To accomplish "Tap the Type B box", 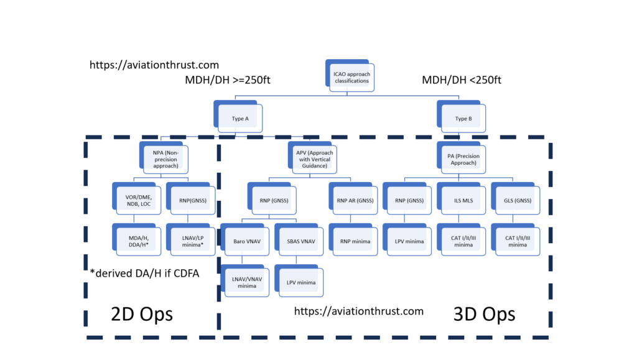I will pos(462,118).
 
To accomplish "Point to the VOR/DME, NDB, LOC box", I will pos(138,200).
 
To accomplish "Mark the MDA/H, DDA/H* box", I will pos(138,241).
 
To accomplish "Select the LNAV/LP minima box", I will pos(192,241).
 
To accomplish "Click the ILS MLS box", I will pos(461,200).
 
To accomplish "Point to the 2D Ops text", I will pos(142,313).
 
